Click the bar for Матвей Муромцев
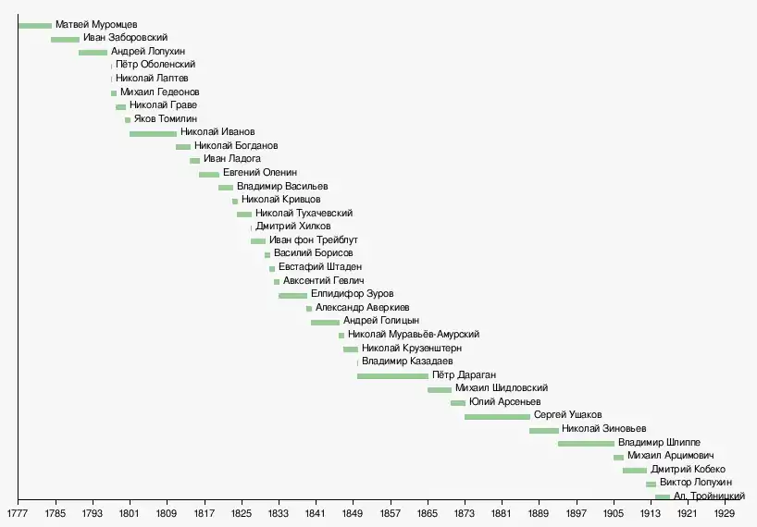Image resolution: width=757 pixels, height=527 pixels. [34, 25]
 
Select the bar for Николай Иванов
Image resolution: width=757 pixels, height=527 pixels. [153, 134]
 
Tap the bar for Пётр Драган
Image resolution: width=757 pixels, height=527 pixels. [392, 375]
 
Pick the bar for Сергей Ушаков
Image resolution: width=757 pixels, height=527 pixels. [497, 416]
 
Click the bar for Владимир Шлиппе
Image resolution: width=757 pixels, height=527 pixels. [586, 443]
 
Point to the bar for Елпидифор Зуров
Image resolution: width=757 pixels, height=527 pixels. [292, 295]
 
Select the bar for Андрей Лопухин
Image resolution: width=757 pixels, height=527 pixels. [93, 52]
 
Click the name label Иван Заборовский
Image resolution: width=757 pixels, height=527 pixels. [125, 38]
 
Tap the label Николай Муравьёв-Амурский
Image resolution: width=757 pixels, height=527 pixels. [414, 335]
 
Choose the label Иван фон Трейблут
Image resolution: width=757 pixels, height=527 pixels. [313, 240]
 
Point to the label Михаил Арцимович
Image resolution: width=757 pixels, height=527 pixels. [670, 456]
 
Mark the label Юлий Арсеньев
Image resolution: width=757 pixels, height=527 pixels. [504, 402]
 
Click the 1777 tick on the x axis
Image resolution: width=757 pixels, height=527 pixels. [18, 511]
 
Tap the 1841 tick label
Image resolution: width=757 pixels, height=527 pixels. [316, 511]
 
